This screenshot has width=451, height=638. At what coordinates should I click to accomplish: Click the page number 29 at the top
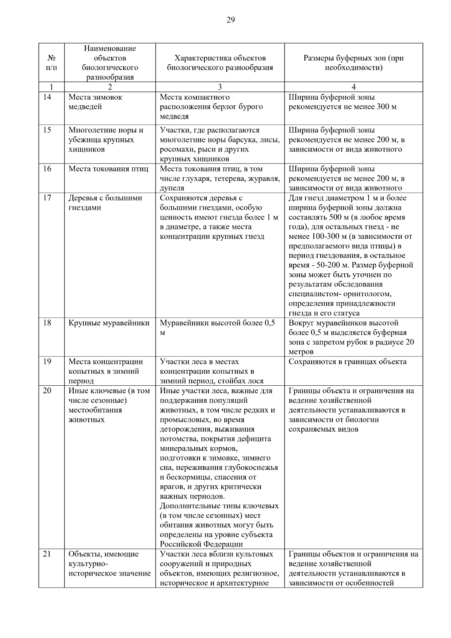coord(230,20)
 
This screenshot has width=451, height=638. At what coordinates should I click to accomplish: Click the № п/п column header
coord(51,63)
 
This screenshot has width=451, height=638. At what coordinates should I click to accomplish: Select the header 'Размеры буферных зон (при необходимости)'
coord(353,63)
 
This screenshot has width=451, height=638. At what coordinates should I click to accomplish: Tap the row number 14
coord(47,97)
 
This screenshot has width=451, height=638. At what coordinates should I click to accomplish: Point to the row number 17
coord(47,198)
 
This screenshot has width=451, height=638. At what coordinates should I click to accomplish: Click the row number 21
coord(47,554)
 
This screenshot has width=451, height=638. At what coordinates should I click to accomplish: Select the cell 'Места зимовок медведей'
coord(95,102)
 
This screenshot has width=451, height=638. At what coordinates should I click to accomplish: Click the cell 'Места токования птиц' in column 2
coord(108,169)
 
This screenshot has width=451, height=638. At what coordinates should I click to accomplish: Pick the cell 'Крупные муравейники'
coord(109,323)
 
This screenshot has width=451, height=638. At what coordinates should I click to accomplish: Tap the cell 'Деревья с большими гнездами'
coord(105,203)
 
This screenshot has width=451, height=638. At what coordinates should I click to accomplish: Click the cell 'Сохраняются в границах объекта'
coord(347,362)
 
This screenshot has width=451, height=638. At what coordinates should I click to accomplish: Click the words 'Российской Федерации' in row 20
coord(201,544)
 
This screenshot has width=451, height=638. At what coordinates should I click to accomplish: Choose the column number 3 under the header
coord(220,87)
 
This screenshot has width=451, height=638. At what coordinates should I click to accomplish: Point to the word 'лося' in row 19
coord(256,381)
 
